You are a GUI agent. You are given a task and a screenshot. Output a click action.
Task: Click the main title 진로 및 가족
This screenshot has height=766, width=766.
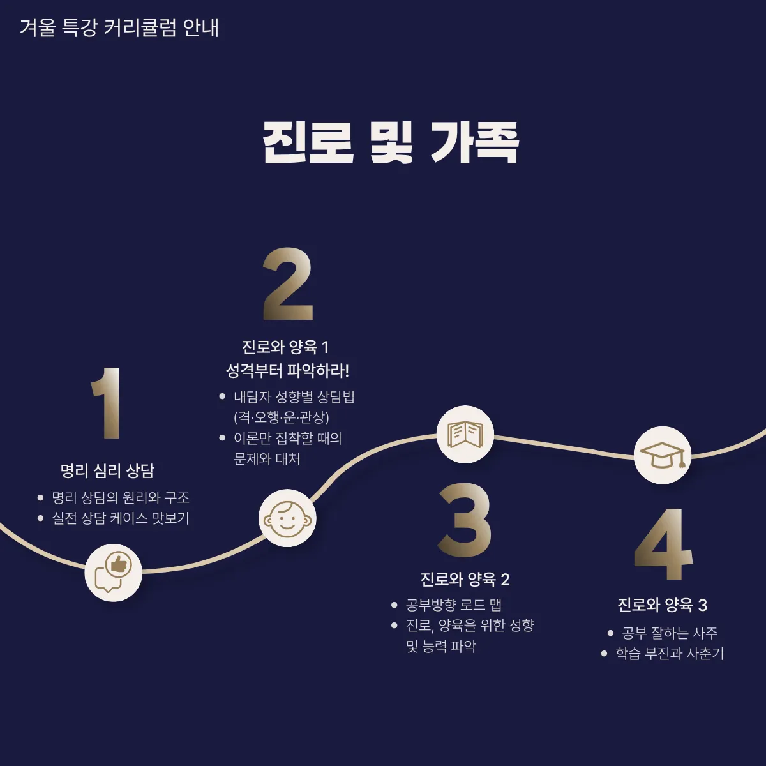click(x=390, y=142)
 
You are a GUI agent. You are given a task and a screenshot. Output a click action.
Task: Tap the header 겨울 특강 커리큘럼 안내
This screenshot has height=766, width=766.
click(x=119, y=28)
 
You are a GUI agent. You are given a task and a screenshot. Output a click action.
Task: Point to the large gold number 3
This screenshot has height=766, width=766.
click(x=465, y=520)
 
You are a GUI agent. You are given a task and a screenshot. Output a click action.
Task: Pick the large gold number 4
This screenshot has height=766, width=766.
click(x=663, y=544)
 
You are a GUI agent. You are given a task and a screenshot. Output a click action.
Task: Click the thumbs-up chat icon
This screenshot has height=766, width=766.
click(x=113, y=573)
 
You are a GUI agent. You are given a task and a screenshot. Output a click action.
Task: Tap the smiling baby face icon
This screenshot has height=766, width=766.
click(x=287, y=518)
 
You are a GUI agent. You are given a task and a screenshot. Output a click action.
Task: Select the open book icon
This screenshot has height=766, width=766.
click(x=465, y=435)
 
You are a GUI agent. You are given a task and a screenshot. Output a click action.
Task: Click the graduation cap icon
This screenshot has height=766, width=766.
click(x=663, y=455)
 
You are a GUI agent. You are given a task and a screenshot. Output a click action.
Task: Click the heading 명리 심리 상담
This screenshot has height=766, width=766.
click(x=107, y=471)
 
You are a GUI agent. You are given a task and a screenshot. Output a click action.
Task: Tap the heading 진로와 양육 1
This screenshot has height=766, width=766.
click(x=285, y=347)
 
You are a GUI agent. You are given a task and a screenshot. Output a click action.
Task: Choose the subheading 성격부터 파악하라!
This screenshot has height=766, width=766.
click(x=287, y=370)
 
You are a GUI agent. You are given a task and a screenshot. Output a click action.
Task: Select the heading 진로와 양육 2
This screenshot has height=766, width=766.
click(x=465, y=580)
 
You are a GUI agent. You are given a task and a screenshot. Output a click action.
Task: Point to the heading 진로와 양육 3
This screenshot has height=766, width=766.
click(x=662, y=605)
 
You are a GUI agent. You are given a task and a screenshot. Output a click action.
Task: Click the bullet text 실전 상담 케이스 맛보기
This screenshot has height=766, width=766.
click(x=121, y=518)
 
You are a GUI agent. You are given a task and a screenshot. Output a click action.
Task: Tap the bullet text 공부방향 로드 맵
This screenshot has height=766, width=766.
click(x=454, y=605)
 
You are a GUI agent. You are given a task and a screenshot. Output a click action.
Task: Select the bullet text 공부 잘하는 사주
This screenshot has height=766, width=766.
click(x=670, y=633)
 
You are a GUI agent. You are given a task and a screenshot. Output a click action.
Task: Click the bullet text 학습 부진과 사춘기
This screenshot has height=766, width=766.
click(x=670, y=654)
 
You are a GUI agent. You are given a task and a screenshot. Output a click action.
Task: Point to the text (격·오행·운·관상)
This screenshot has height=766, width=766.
click(x=282, y=417)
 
